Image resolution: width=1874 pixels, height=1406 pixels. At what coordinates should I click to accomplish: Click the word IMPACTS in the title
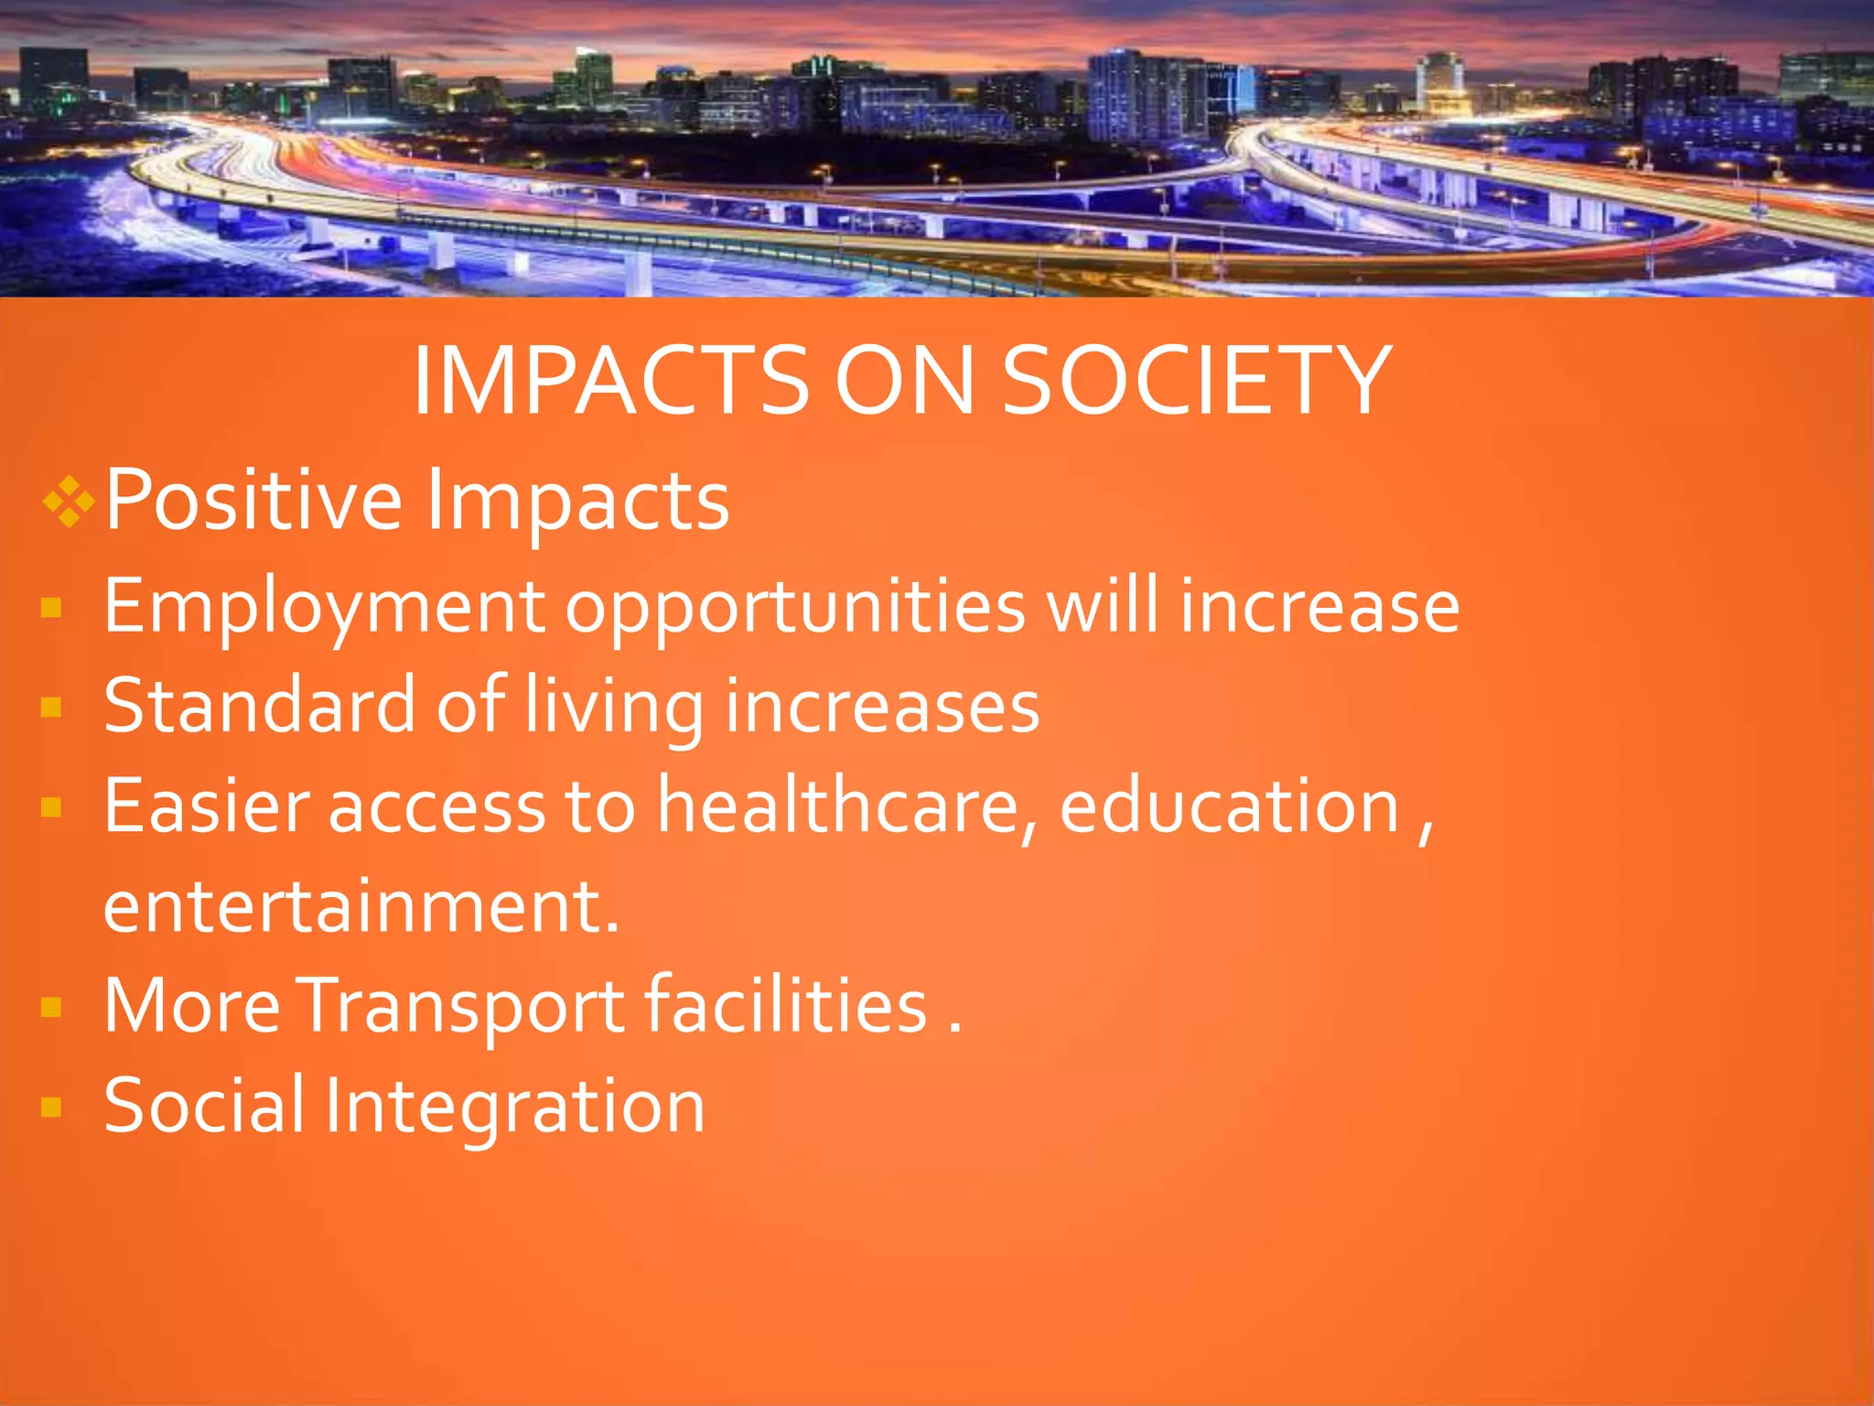(610, 381)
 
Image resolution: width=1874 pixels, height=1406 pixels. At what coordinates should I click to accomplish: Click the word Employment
(324, 607)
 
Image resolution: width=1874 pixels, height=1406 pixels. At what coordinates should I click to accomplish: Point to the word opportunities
(795, 607)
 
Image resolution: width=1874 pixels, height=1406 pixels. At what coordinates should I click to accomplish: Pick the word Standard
(260, 707)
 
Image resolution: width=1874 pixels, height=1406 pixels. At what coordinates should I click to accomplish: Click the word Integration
(514, 1107)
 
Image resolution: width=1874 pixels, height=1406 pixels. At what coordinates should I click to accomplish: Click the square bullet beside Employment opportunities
(51, 608)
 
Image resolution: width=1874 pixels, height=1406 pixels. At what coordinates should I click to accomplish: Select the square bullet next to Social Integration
(51, 1108)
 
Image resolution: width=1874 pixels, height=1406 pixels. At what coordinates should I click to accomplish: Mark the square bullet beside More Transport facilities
(51, 1008)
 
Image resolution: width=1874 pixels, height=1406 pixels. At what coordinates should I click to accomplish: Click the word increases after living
(882, 707)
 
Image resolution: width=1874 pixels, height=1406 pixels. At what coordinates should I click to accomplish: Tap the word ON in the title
(904, 381)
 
